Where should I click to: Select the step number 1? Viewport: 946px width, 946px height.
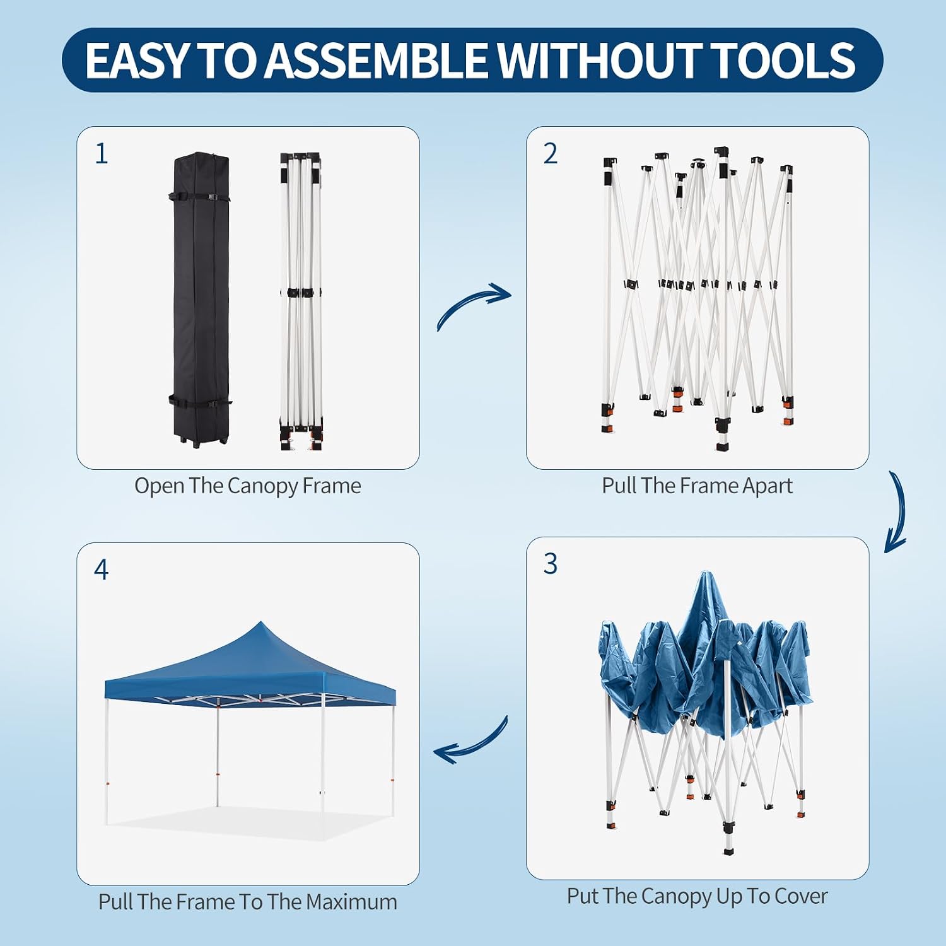tap(102, 153)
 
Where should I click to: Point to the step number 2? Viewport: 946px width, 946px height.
tap(551, 153)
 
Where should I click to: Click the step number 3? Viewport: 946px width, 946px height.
tap(551, 563)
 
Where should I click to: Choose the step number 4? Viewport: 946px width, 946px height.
tap(101, 569)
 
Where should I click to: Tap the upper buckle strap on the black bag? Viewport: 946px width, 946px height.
tap(199, 197)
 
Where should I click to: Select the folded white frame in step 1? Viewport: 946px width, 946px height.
tap(301, 301)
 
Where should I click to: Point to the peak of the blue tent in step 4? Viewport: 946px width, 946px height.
tap(260, 622)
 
